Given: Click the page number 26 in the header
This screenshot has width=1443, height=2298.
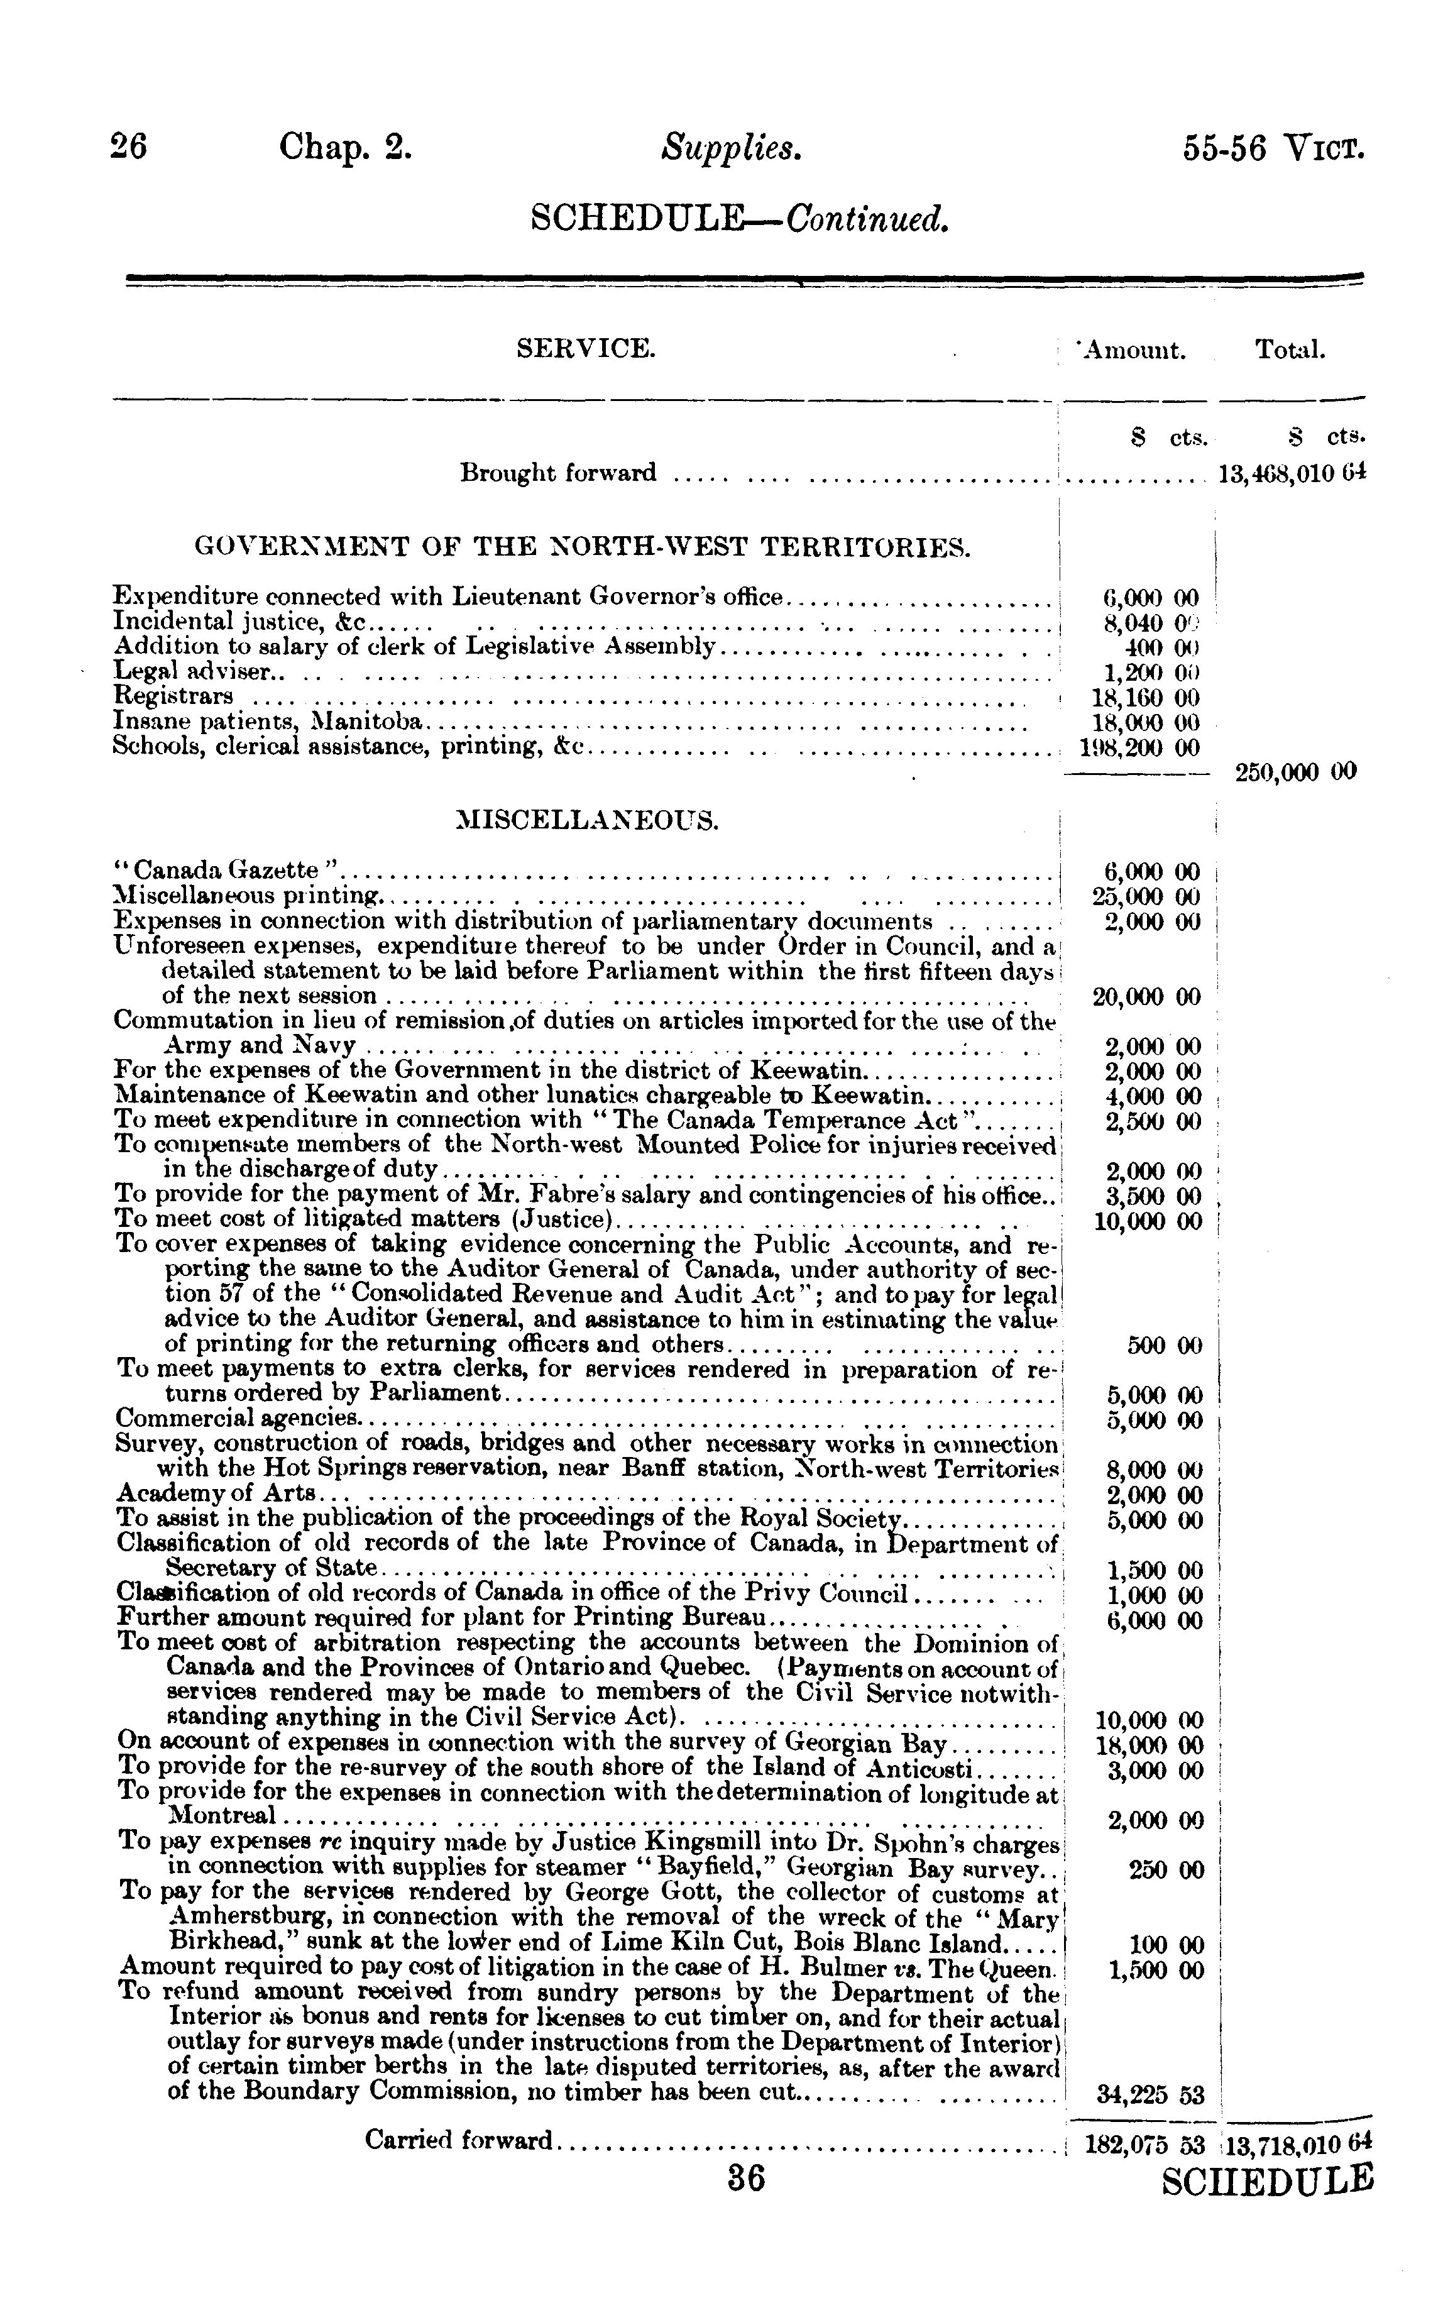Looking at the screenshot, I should click(x=129, y=148).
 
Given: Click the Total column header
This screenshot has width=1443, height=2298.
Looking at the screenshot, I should click(x=1290, y=350).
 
